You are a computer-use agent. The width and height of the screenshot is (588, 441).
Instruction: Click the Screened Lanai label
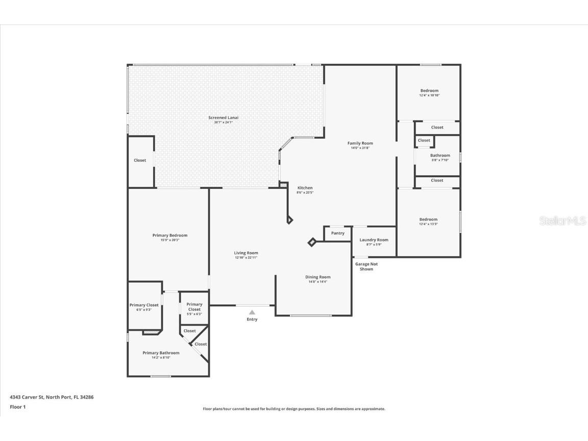point(223,118)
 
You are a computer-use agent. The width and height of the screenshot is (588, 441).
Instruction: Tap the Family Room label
point(360,143)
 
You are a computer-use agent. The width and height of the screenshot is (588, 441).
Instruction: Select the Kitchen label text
point(305,188)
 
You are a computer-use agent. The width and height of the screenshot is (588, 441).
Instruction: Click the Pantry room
point(337,233)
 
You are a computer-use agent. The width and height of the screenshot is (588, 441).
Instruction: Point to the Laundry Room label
point(374,240)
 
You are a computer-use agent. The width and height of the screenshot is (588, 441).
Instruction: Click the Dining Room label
point(318,277)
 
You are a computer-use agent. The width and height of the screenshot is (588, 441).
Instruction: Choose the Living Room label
point(246,253)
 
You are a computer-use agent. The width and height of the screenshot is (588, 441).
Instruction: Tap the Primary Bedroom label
point(170,235)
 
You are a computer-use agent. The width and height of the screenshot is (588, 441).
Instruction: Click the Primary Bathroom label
point(161,353)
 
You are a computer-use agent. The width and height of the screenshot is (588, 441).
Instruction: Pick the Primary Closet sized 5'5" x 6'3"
point(194,309)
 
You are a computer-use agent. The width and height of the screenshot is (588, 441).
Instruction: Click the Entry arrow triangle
point(252,312)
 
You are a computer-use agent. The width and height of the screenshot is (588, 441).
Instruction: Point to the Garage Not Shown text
point(366,266)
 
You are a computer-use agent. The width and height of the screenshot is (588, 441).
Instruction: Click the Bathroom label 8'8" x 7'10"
point(440,156)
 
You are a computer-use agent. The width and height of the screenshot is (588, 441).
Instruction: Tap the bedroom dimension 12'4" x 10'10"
point(429,95)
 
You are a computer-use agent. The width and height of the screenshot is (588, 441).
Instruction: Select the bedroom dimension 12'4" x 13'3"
point(428,224)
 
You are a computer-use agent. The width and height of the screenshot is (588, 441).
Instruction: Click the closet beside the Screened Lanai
point(140,160)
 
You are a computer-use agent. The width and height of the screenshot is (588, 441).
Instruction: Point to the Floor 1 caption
point(17,407)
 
